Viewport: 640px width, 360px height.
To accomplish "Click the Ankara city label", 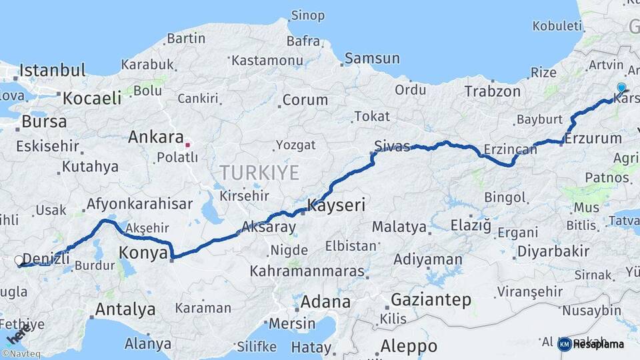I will point(155,137).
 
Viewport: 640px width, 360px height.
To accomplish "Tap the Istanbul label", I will point(53,70).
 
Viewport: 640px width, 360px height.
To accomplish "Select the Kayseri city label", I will point(336,205).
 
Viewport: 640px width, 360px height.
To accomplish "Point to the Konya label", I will point(143,253).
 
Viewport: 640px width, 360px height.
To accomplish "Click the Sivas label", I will point(392,147).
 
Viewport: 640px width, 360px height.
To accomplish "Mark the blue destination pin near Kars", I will point(621,87).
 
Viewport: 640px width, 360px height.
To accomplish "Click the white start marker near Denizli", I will point(19,261).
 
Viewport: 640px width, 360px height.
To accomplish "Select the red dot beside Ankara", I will point(188,143).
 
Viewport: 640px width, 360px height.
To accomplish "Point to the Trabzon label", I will point(492,91).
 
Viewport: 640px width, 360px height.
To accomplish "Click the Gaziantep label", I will point(431,300).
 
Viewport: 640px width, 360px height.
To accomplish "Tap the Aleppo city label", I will point(409,347).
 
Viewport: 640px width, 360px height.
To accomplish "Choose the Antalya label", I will point(125,309).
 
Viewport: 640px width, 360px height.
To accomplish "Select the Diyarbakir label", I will point(552,252).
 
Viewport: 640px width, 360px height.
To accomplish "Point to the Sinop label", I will point(308,15).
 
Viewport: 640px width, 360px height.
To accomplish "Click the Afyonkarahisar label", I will point(139,204).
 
